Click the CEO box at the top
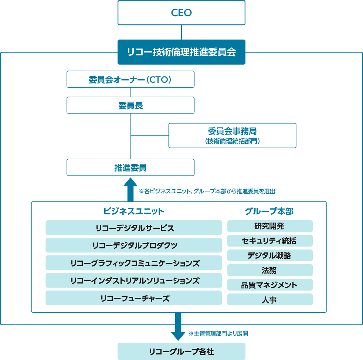pos(181,13)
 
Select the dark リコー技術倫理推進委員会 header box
pos(181,52)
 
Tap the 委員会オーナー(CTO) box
pos(130,79)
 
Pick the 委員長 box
pos(130,105)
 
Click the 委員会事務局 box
pos(232,136)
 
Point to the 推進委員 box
pos(130,167)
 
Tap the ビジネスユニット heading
pos(134,211)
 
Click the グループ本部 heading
pos(269,211)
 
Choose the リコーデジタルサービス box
pos(134,228)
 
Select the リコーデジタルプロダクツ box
pos(134,245)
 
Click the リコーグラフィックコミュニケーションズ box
pos(134,263)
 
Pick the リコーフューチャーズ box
pos(134,298)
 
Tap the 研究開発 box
pos(270,226)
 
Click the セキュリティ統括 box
pos(270,241)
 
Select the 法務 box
pos(270,270)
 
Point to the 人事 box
pos(270,299)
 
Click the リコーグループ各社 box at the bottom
pos(181,351)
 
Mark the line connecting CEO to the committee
pos(181,33)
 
